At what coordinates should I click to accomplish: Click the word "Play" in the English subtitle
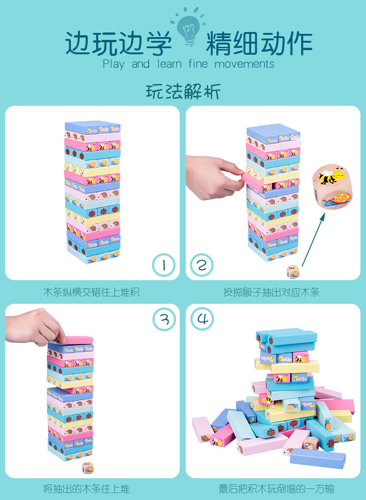coord(114,64)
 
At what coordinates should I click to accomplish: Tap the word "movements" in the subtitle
coord(245,64)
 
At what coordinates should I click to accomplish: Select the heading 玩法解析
coord(183,91)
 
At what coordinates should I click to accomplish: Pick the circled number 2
coord(202,265)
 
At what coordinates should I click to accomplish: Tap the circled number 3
coord(164,319)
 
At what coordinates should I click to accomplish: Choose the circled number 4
coord(202,319)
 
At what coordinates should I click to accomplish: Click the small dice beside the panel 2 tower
coord(293,272)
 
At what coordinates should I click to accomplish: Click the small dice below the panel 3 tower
coord(88,468)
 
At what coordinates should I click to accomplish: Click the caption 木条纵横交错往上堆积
coord(91,292)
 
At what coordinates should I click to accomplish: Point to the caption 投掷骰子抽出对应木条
coord(271,292)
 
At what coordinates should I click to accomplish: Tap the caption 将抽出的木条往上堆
coord(87,488)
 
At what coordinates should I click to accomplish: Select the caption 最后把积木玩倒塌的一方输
coord(277,488)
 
